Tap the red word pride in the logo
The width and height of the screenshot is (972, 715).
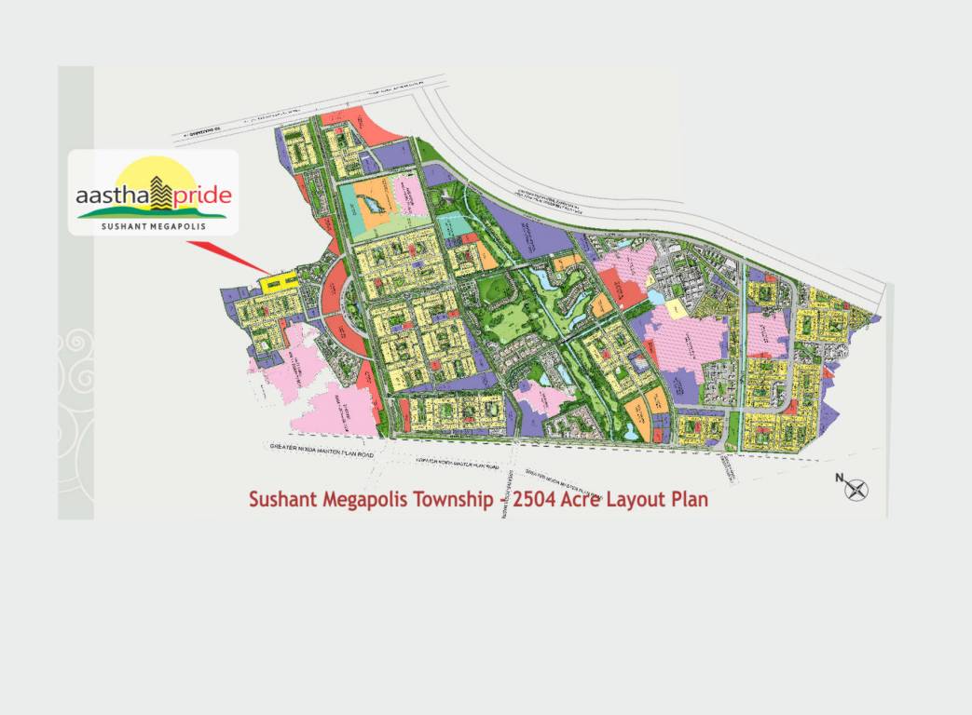pos(199,197)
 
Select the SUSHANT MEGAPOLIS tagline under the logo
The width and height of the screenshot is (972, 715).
pos(153,224)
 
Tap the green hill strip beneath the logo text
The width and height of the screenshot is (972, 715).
pos(154,214)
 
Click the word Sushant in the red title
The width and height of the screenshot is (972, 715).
pos(282,500)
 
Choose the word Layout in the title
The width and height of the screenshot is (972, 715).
pos(640,500)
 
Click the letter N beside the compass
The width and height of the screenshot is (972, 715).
pos(839,479)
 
